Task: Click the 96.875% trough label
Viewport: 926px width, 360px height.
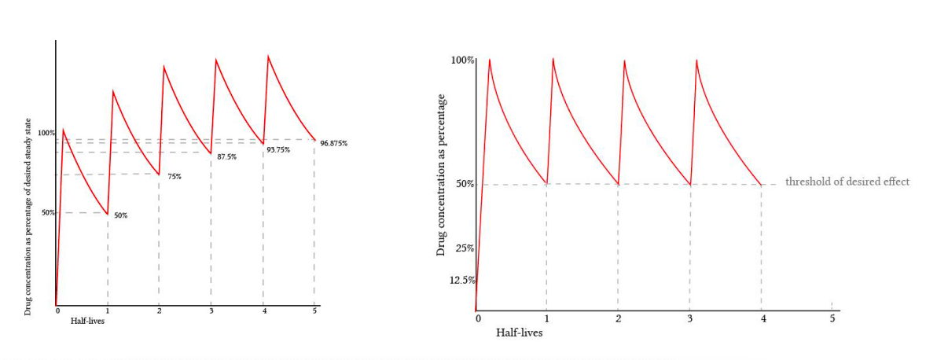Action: (333, 143)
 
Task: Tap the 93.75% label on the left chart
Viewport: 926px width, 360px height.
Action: (278, 149)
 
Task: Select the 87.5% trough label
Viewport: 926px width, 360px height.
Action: (226, 157)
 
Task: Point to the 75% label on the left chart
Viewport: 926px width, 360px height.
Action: (174, 177)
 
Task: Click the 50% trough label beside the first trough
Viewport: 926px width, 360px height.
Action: (120, 215)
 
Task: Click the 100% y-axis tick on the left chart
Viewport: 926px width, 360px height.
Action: (46, 133)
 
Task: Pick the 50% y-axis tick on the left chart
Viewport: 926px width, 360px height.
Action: (48, 212)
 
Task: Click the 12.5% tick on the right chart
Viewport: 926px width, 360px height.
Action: (461, 281)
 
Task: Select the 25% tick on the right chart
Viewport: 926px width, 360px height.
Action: (465, 248)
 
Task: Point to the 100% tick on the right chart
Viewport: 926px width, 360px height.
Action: (462, 61)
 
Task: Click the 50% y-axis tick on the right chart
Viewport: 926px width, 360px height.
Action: (465, 184)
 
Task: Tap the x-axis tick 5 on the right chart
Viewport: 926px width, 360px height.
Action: (832, 318)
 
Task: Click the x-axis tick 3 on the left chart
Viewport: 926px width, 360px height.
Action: (211, 311)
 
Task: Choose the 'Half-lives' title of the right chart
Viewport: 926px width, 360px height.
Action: (519, 332)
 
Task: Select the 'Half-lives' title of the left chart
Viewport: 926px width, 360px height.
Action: (87, 321)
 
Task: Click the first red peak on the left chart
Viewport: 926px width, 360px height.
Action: (64, 130)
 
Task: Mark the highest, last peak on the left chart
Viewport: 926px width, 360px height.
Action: (268, 56)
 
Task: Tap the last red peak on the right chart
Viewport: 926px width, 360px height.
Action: (696, 60)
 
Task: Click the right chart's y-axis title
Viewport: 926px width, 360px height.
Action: (441, 174)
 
